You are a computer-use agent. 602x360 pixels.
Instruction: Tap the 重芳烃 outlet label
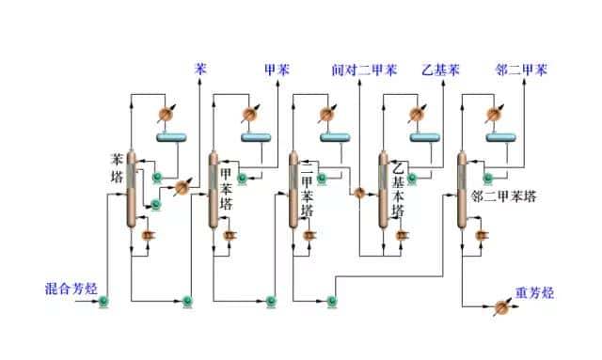[535, 292]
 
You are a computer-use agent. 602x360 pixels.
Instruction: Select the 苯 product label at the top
[200, 69]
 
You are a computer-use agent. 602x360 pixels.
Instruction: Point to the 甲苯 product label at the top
[277, 69]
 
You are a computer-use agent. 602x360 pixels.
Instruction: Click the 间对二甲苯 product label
[364, 70]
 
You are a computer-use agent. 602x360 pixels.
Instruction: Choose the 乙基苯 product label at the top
[439, 70]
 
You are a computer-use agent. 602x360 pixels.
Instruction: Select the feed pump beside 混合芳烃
[103, 301]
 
